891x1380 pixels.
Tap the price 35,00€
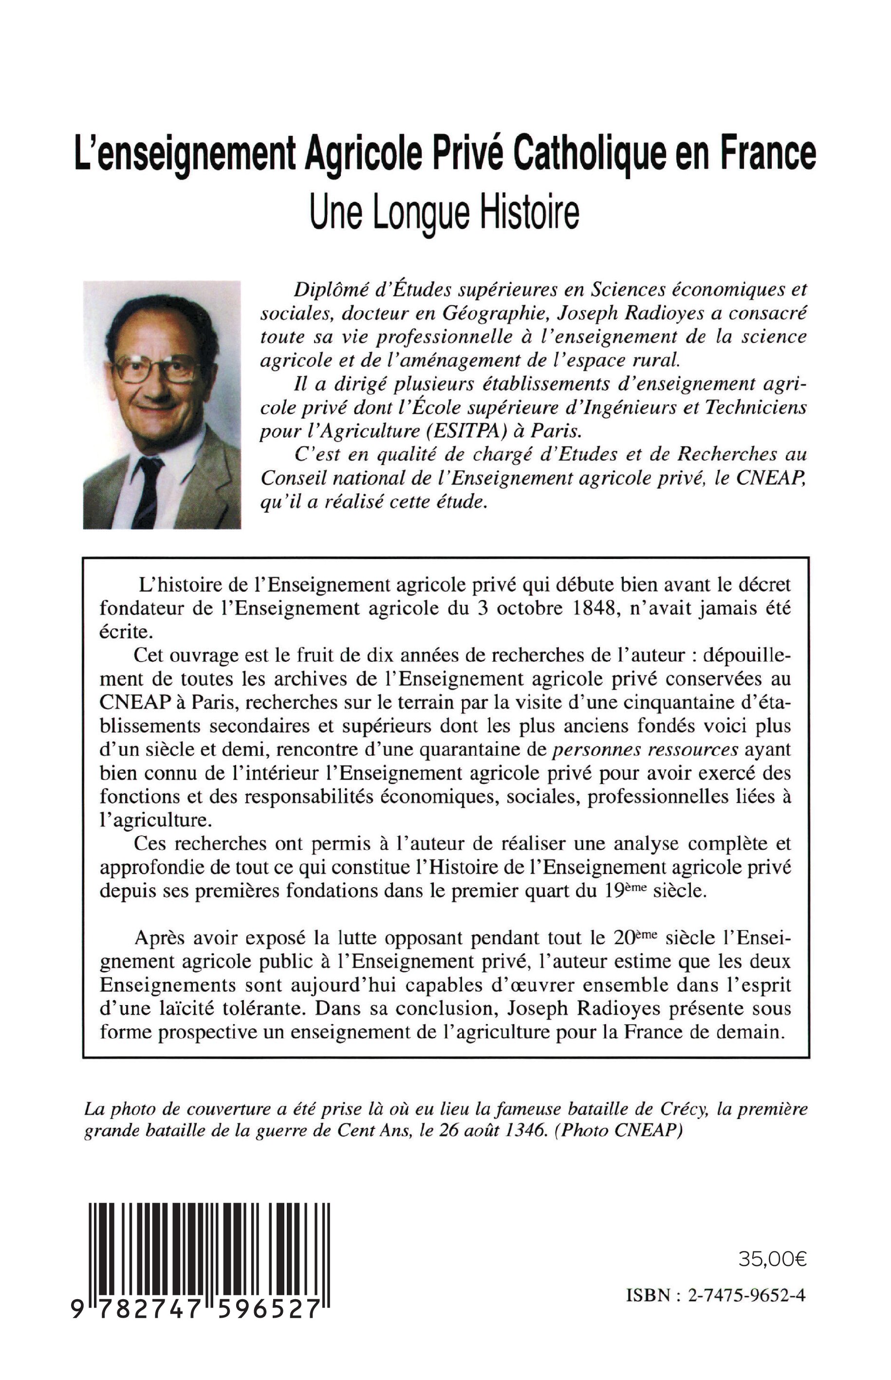(772, 1259)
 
